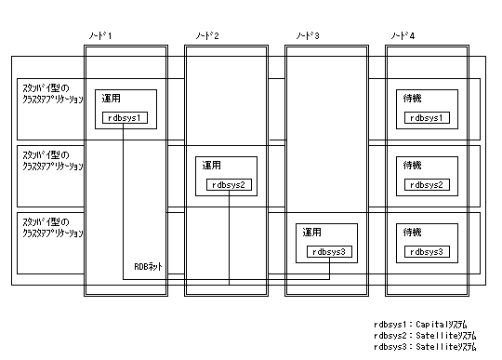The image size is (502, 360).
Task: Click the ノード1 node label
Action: pyautogui.click(x=100, y=35)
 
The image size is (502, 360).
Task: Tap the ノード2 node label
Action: pyautogui.click(x=207, y=35)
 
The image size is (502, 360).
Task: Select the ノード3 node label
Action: pyautogui.click(x=308, y=35)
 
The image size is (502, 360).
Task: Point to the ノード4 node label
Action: pyautogui.click(x=403, y=35)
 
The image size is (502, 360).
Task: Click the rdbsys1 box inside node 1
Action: pyautogui.click(x=125, y=118)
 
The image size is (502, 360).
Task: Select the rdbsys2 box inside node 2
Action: pyautogui.click(x=229, y=185)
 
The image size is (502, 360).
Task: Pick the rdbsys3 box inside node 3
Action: pyautogui.click(x=329, y=252)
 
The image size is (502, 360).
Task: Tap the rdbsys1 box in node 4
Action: pyautogui.click(x=427, y=118)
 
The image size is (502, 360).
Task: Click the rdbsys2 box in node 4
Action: pyautogui.click(x=427, y=185)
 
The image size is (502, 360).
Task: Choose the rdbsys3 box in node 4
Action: pyautogui.click(x=427, y=252)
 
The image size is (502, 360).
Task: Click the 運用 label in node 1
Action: pyautogui.click(x=112, y=99)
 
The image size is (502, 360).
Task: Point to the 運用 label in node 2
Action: pyautogui.click(x=211, y=166)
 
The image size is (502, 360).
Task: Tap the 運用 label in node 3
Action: pyautogui.click(x=311, y=233)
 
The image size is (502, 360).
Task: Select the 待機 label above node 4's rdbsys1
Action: pyautogui.click(x=413, y=99)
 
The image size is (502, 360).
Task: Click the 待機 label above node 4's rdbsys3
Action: pyautogui.click(x=413, y=233)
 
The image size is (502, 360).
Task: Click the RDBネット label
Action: pyautogui.click(x=148, y=266)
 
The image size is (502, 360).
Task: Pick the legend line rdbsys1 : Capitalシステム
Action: pyautogui.click(x=420, y=325)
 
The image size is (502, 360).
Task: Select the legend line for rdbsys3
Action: pyautogui.click(x=425, y=347)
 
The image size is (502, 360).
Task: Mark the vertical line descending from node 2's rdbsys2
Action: pyautogui.click(x=229, y=237)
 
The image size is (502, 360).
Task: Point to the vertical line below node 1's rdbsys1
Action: pyautogui.click(x=124, y=202)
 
